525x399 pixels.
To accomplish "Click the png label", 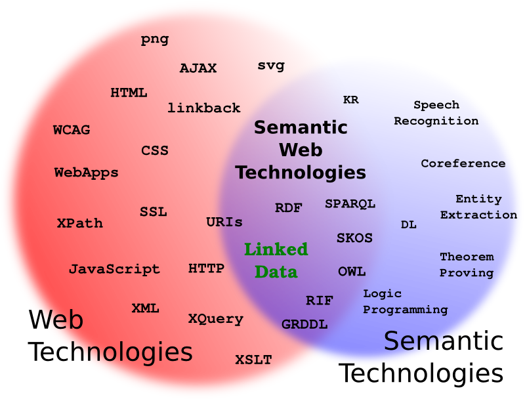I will click(155, 39).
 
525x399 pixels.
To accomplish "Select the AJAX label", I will click(198, 68).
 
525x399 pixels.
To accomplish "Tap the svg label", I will click(271, 66).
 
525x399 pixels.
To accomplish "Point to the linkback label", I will click(204, 108).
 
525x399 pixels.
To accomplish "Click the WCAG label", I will click(72, 130).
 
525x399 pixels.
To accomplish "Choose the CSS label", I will click(155, 151).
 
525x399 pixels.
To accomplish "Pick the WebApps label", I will click(86, 173).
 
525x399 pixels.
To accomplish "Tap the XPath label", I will click(80, 223).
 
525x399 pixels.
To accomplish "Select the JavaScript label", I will click(114, 269).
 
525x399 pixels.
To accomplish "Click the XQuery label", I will click(216, 319).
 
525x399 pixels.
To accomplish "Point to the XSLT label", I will click(253, 360).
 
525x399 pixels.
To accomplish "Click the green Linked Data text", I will click(276, 261).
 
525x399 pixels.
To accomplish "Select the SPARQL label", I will click(350, 204).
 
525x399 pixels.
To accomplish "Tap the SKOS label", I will click(354, 238).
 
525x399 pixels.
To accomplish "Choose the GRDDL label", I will click(304, 324).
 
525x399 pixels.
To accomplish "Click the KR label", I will click(351, 100).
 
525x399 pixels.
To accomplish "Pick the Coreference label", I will click(463, 163).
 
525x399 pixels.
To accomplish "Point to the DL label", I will click(409, 224).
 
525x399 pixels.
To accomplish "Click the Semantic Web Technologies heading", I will click(301, 150).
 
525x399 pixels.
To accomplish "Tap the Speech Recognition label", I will click(436, 113).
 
